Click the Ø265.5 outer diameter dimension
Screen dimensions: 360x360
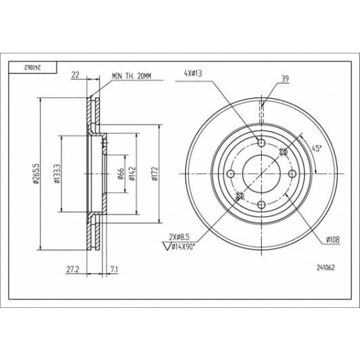[37, 173]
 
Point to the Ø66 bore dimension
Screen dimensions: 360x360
[120, 174]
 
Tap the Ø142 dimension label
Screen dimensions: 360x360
[132, 174]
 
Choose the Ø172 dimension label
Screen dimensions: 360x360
[155, 174]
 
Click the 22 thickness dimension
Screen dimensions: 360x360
[75, 75]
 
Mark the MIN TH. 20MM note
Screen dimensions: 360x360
[131, 76]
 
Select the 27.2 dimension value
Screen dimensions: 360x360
[72, 269]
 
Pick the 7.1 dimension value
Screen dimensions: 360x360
[114, 269]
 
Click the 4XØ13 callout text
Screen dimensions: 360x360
[193, 74]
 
